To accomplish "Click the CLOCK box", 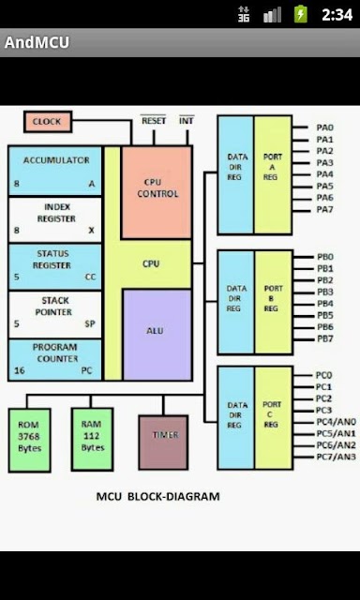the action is click(x=48, y=122).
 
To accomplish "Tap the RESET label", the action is click(x=154, y=121).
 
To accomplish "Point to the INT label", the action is click(x=187, y=121).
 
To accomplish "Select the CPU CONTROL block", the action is click(x=157, y=192).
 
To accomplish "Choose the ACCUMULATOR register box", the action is click(x=55, y=171).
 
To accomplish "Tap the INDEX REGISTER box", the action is click(x=55, y=219).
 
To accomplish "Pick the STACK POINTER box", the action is click(x=55, y=315).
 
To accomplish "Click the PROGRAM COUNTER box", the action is click(x=55, y=360).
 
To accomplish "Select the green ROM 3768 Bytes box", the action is click(x=29, y=440).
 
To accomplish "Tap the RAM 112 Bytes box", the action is click(x=92, y=439).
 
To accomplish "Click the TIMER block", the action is click(x=163, y=442).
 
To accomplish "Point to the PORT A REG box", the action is click(x=273, y=174).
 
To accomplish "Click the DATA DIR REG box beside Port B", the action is click(x=236, y=302).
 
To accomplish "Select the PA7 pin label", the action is click(x=324, y=210).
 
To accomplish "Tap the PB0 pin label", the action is click(x=325, y=256).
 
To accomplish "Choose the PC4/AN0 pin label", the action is click(x=336, y=422).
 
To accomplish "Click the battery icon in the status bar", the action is click(x=301, y=14).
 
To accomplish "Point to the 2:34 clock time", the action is click(x=337, y=15).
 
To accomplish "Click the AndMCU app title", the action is click(x=37, y=42).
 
